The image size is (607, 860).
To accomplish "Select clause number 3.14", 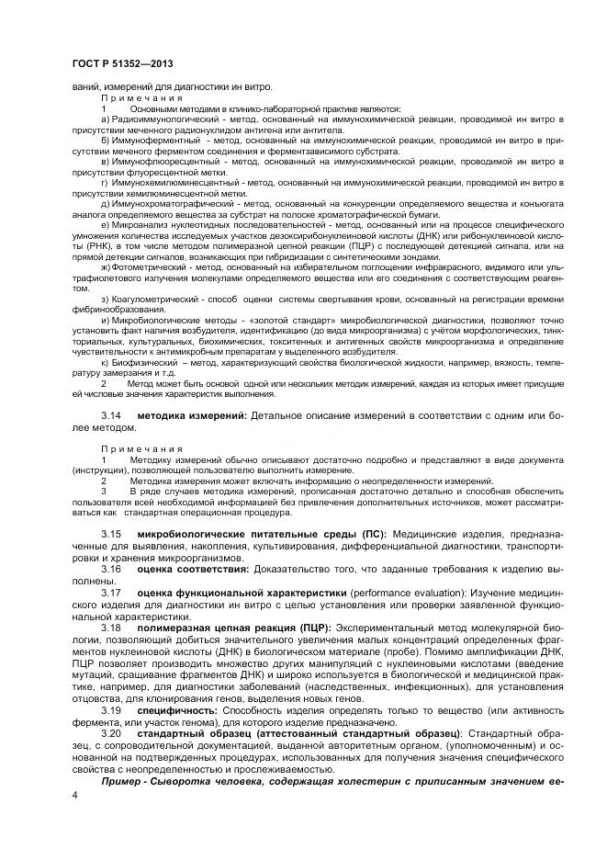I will click(x=111, y=416).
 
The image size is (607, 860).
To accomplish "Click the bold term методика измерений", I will click(x=191, y=416).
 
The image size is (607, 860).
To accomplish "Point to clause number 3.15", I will click(x=111, y=533).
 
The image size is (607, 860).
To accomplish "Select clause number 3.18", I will click(x=111, y=628).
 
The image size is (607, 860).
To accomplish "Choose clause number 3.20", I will click(x=111, y=735).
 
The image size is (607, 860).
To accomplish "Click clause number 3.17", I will click(x=111, y=593).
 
